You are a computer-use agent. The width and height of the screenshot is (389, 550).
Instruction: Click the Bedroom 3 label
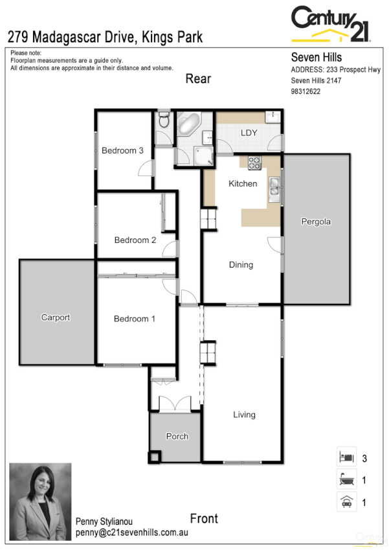(123, 151)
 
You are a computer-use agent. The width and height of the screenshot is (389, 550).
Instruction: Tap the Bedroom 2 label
(135, 240)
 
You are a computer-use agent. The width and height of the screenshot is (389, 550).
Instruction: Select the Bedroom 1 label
(135, 319)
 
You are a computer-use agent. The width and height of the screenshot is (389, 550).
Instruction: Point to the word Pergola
(316, 222)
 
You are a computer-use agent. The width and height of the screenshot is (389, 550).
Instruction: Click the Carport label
(56, 317)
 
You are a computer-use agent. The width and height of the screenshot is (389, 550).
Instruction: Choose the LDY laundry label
(249, 133)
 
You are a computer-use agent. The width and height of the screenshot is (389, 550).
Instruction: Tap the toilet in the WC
(164, 120)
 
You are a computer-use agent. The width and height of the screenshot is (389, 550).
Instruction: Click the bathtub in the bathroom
(189, 122)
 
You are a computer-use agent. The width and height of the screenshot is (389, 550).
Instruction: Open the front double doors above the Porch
(175, 402)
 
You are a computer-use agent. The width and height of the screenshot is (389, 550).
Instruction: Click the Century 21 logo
(331, 23)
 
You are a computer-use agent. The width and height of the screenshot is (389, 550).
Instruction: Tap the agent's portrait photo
(40, 501)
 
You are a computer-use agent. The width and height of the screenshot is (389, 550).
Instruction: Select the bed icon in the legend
(346, 457)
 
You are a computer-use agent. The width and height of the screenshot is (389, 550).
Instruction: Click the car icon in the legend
(346, 501)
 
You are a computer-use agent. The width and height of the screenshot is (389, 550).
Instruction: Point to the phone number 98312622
(306, 91)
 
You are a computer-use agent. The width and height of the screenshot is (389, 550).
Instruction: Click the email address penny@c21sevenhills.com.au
(131, 533)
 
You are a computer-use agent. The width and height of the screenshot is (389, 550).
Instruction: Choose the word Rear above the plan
(198, 78)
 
